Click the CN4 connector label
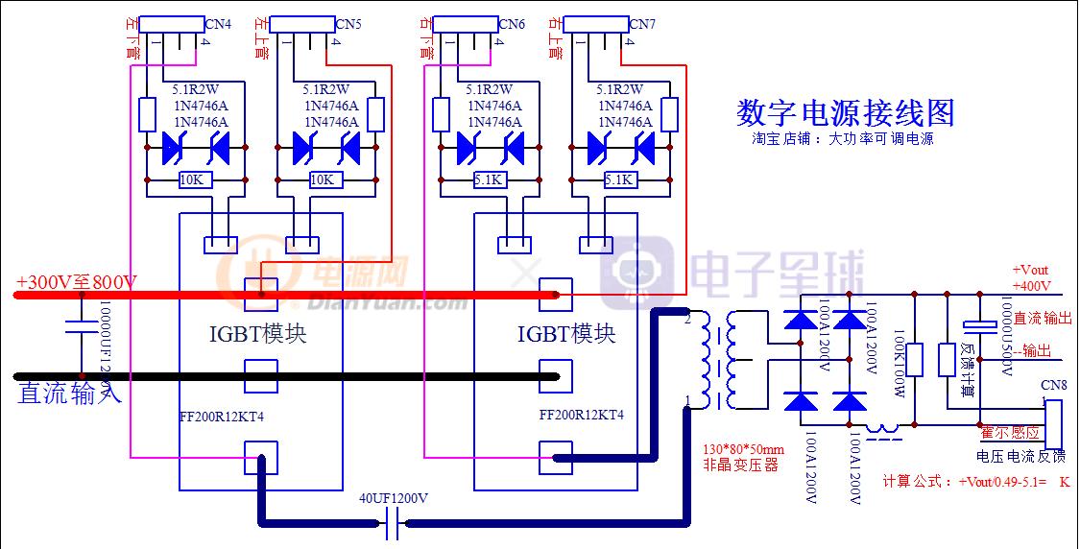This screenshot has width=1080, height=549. click(218, 24)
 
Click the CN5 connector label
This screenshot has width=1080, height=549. click(348, 24)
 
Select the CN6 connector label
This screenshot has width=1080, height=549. click(512, 24)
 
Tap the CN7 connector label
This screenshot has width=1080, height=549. click(642, 24)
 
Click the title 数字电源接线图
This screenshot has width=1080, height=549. click(845, 113)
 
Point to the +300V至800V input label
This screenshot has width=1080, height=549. click(77, 283)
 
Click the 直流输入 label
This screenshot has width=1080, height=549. click(69, 393)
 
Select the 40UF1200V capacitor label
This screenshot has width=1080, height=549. click(394, 499)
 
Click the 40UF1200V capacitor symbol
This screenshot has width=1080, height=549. click(392, 524)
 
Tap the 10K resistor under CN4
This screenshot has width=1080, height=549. click(191, 179)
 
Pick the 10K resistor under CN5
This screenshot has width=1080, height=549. click(322, 179)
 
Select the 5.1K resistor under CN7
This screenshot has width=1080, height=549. click(617, 179)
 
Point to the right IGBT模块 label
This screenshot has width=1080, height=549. click(565, 334)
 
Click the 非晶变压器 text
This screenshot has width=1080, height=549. click(737, 466)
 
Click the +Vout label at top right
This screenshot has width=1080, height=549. click(1030, 270)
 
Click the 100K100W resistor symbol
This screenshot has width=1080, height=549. click(915, 360)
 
